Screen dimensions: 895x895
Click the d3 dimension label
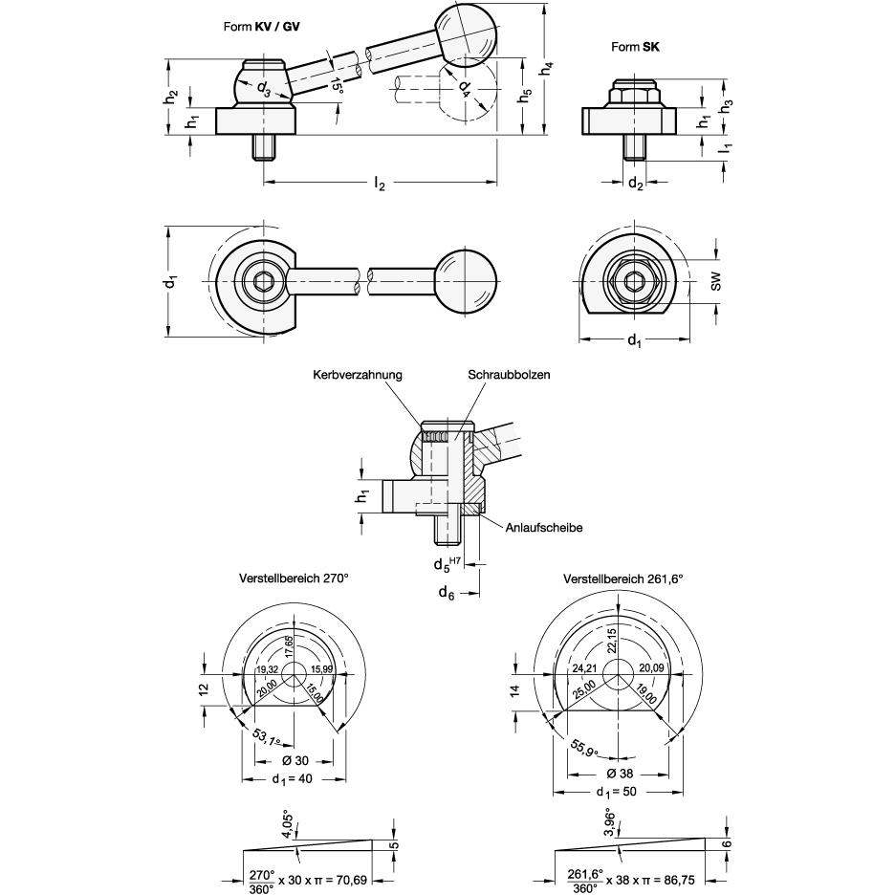click(x=263, y=90)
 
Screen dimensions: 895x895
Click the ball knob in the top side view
click(x=466, y=35)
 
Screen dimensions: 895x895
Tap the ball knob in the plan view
click(x=466, y=281)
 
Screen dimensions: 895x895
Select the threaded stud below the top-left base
click(x=264, y=146)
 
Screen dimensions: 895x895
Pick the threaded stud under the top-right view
click(x=634, y=146)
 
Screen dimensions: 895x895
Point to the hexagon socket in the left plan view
click(x=263, y=282)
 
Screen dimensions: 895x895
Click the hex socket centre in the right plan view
click(x=634, y=281)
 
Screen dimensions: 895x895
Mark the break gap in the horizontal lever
click(x=363, y=281)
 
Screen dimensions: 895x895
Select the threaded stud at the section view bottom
click(x=447, y=529)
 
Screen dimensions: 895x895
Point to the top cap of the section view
click(x=447, y=426)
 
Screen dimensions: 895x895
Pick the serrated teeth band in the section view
click(x=436, y=437)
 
